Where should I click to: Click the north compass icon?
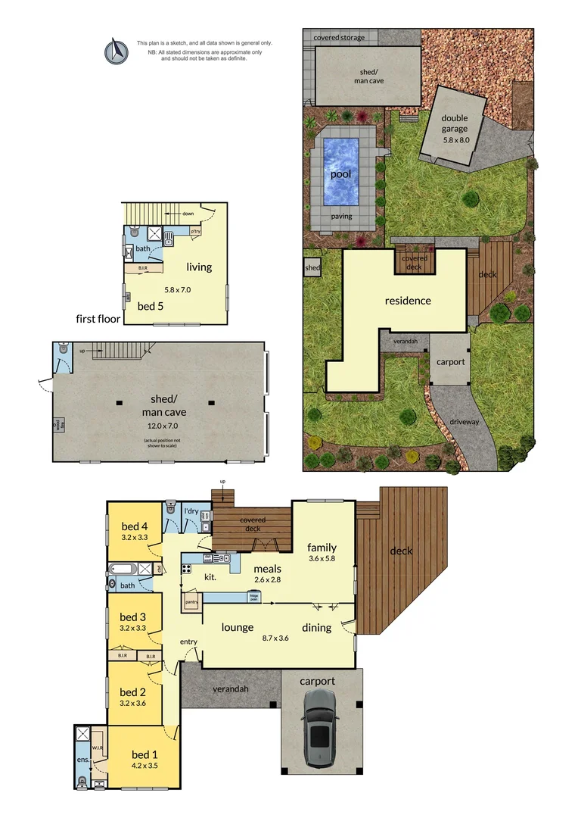click(x=115, y=50)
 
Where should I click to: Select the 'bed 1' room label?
click(x=145, y=754)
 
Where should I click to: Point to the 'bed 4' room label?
click(x=134, y=526)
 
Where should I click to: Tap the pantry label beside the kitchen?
click(x=191, y=602)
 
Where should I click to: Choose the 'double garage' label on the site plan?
click(x=455, y=123)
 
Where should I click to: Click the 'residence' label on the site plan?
click(x=408, y=300)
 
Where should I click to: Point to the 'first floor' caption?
click(x=98, y=319)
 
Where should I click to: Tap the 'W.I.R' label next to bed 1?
click(x=97, y=748)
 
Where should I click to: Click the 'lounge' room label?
click(x=237, y=626)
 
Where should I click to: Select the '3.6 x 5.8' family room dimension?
click(x=322, y=559)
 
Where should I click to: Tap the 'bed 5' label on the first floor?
click(x=150, y=306)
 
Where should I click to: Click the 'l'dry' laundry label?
click(x=192, y=511)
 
